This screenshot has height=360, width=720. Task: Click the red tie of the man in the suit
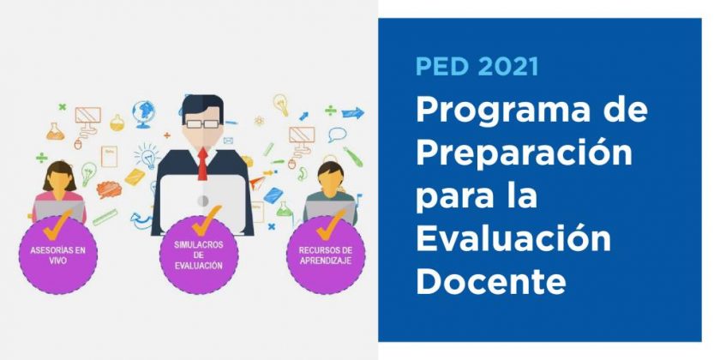[x=202, y=164]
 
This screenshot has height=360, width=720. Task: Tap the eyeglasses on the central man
[x=202, y=124]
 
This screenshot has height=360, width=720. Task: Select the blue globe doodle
[x=143, y=113]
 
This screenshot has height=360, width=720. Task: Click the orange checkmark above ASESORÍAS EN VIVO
[x=57, y=225]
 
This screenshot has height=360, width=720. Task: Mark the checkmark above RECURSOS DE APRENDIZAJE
[x=331, y=225]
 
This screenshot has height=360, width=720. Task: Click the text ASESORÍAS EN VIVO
[x=58, y=255]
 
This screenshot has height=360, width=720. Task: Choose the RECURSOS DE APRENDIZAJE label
[x=326, y=255]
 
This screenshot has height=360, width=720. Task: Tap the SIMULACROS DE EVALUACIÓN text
[x=199, y=255]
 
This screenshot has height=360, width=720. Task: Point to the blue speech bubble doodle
[x=337, y=135]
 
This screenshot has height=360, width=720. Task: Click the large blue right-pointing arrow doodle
[x=352, y=112]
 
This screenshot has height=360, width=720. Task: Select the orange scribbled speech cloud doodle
[x=109, y=189]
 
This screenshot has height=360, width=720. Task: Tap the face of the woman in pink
[x=59, y=178]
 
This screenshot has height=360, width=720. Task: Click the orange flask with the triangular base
[x=55, y=131]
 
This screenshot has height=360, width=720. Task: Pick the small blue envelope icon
[x=228, y=141]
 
